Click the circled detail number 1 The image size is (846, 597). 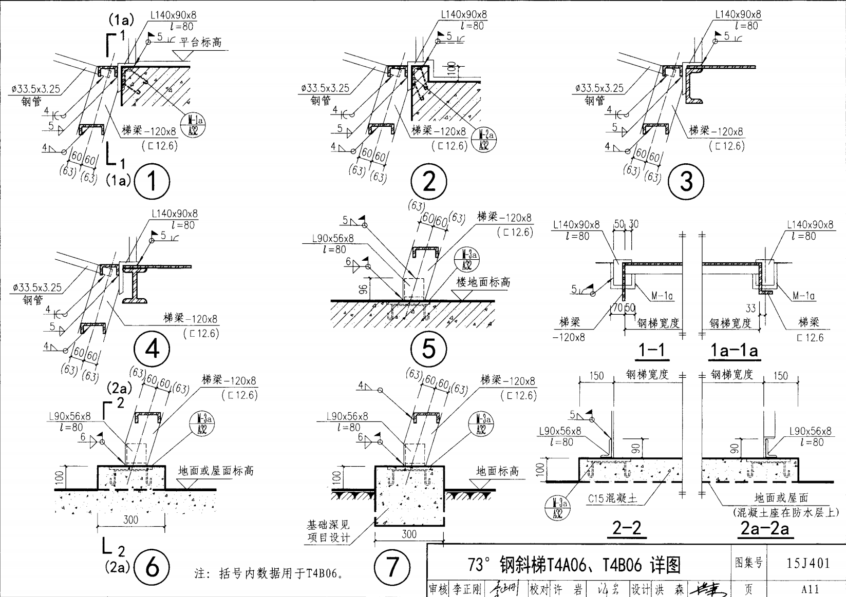[x=152, y=181]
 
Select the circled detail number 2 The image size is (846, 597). [x=429, y=181]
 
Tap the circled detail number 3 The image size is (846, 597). [x=686, y=181]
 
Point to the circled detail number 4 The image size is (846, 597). [x=152, y=349]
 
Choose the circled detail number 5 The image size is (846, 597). [x=428, y=349]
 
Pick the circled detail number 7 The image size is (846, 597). [x=392, y=567]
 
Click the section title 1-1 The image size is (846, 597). [x=651, y=350]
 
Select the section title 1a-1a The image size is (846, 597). [x=734, y=350]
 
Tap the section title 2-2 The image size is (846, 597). [x=627, y=528]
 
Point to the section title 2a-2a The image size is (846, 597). [x=764, y=528]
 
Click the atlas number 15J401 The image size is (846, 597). [x=808, y=563]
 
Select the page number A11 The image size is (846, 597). [x=810, y=589]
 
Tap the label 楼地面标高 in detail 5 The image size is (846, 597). [x=483, y=282]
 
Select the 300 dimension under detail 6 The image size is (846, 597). [x=131, y=519]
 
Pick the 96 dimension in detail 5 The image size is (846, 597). [x=363, y=291]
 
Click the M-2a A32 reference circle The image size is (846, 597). [x=484, y=140]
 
